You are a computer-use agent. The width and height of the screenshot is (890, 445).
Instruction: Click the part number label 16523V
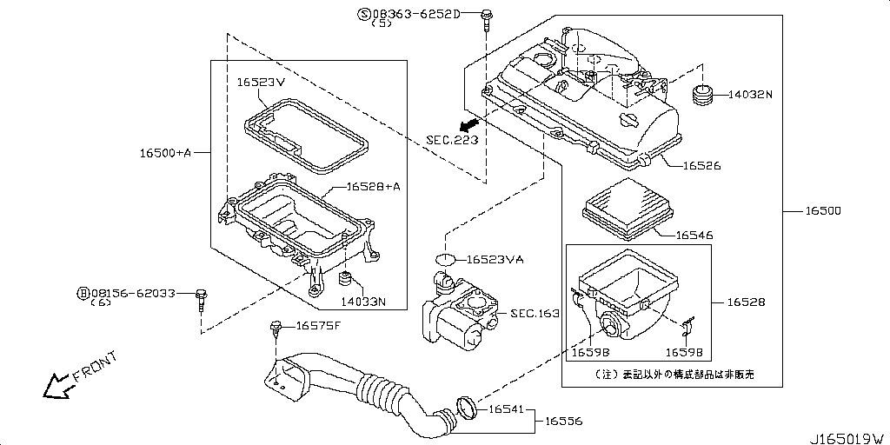[262, 83]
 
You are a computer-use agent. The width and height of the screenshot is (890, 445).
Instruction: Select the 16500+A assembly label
[165, 153]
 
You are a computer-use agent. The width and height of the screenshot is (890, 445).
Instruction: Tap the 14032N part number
[749, 94]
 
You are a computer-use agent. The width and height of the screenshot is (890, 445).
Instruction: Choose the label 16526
[701, 165]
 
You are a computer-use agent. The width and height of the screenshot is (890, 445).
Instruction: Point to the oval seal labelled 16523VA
[445, 259]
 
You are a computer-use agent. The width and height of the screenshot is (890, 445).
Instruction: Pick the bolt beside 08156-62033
[202, 296]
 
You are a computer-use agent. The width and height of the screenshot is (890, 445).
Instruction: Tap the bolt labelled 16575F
[276, 328]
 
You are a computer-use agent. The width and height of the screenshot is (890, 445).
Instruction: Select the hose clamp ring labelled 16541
[467, 406]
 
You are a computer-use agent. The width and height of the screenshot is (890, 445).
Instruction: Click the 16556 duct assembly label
[563, 421]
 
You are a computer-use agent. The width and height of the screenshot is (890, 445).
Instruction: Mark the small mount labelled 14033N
[344, 280]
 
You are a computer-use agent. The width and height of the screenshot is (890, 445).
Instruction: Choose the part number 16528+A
[373, 186]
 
